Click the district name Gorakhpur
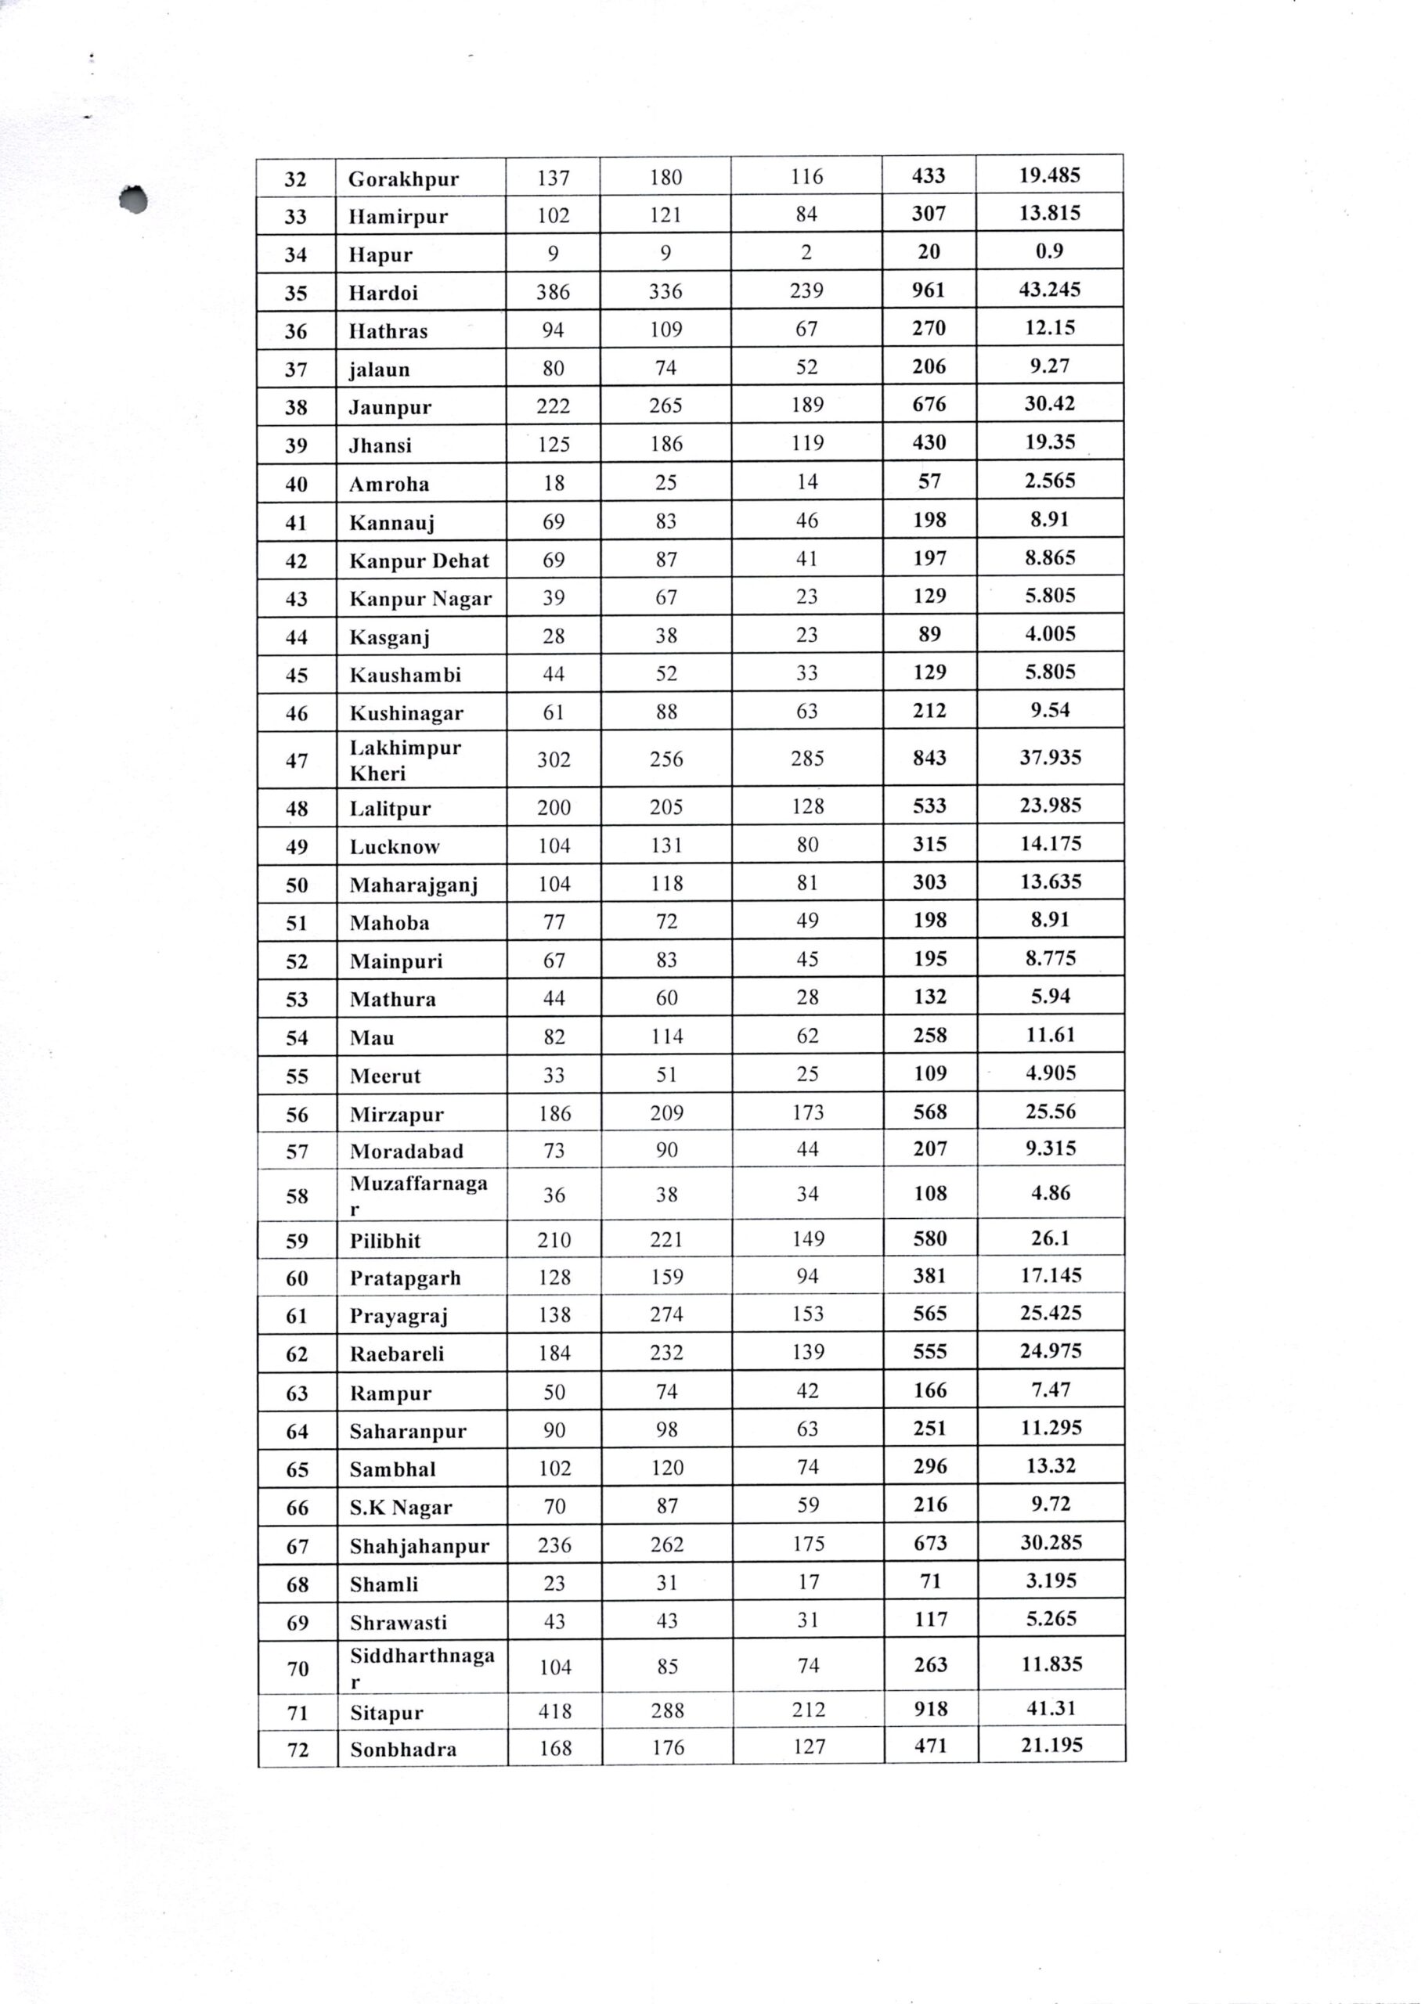[x=403, y=179]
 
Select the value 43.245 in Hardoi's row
[x=1049, y=290]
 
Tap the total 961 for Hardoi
[x=929, y=290]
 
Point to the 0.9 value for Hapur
[x=1049, y=252]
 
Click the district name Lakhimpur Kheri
[x=405, y=760]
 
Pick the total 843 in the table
[x=929, y=758]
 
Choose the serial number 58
[x=297, y=1195]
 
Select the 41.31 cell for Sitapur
[x=1051, y=1708]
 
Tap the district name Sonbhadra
[x=403, y=1750]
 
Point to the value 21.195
[x=1051, y=1745]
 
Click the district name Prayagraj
[x=399, y=1317]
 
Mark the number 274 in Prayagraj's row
[x=667, y=1314]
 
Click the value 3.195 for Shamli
[x=1051, y=1580]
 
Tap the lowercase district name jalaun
[x=379, y=370]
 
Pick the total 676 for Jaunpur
[x=929, y=405]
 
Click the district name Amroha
[x=389, y=485]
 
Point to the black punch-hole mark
[x=134, y=200]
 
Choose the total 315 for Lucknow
[x=929, y=845]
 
